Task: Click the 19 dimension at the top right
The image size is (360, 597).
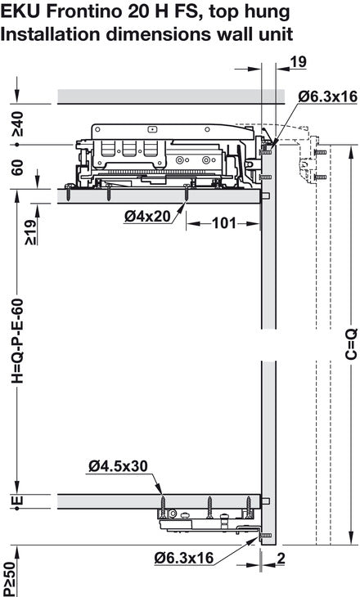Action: pos(299,61)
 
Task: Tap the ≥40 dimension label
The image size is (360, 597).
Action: pos(17,123)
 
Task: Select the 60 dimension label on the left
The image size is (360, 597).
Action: pos(17,167)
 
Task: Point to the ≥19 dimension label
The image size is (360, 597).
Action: pos(31,232)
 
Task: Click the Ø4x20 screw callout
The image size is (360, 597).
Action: pos(147,216)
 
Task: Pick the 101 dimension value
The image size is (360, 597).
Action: pos(224,223)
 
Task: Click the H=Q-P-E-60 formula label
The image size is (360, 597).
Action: pos(17,341)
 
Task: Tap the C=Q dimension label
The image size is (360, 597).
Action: pos(351,343)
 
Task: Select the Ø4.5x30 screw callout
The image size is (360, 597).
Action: pos(118,466)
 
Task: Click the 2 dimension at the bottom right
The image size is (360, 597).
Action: pos(281,559)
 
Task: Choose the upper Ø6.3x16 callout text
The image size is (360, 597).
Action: pos(328,96)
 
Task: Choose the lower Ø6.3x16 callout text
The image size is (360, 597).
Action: pos(184,559)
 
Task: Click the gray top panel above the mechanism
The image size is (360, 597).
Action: pos(171,97)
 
